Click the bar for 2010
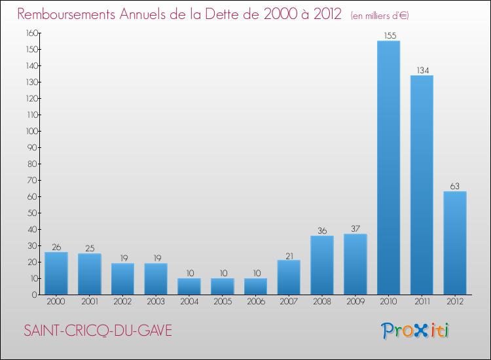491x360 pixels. pos(388,168)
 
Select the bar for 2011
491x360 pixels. pos(422,185)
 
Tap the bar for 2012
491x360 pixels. pos(455,243)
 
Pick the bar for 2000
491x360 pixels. pos(56,273)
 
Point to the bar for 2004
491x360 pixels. pos(189,286)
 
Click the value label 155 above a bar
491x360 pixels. pos(388,35)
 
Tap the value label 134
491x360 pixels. pos(422,70)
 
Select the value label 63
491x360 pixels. pos(455,186)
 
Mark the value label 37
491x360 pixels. pos(355,228)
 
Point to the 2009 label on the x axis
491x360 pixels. pos(355,302)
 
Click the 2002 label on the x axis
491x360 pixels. pos(122,302)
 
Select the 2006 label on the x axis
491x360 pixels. pos(255,302)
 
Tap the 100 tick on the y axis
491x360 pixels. pos(29,131)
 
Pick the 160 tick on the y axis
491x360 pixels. pos(29,33)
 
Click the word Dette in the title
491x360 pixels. pos(230,14)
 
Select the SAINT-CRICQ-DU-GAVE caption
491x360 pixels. pos(98,331)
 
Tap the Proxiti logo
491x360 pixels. pos(416,331)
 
